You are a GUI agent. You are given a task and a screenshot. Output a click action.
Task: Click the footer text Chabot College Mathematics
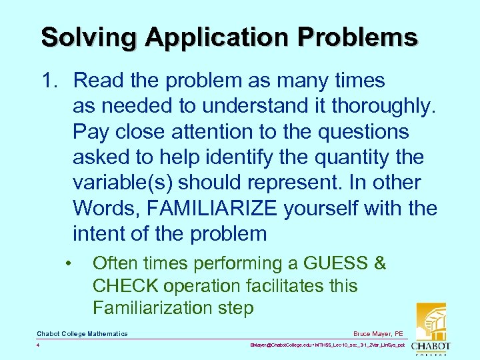click(82, 333)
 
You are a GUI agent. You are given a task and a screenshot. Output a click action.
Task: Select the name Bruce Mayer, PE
click(379, 333)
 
